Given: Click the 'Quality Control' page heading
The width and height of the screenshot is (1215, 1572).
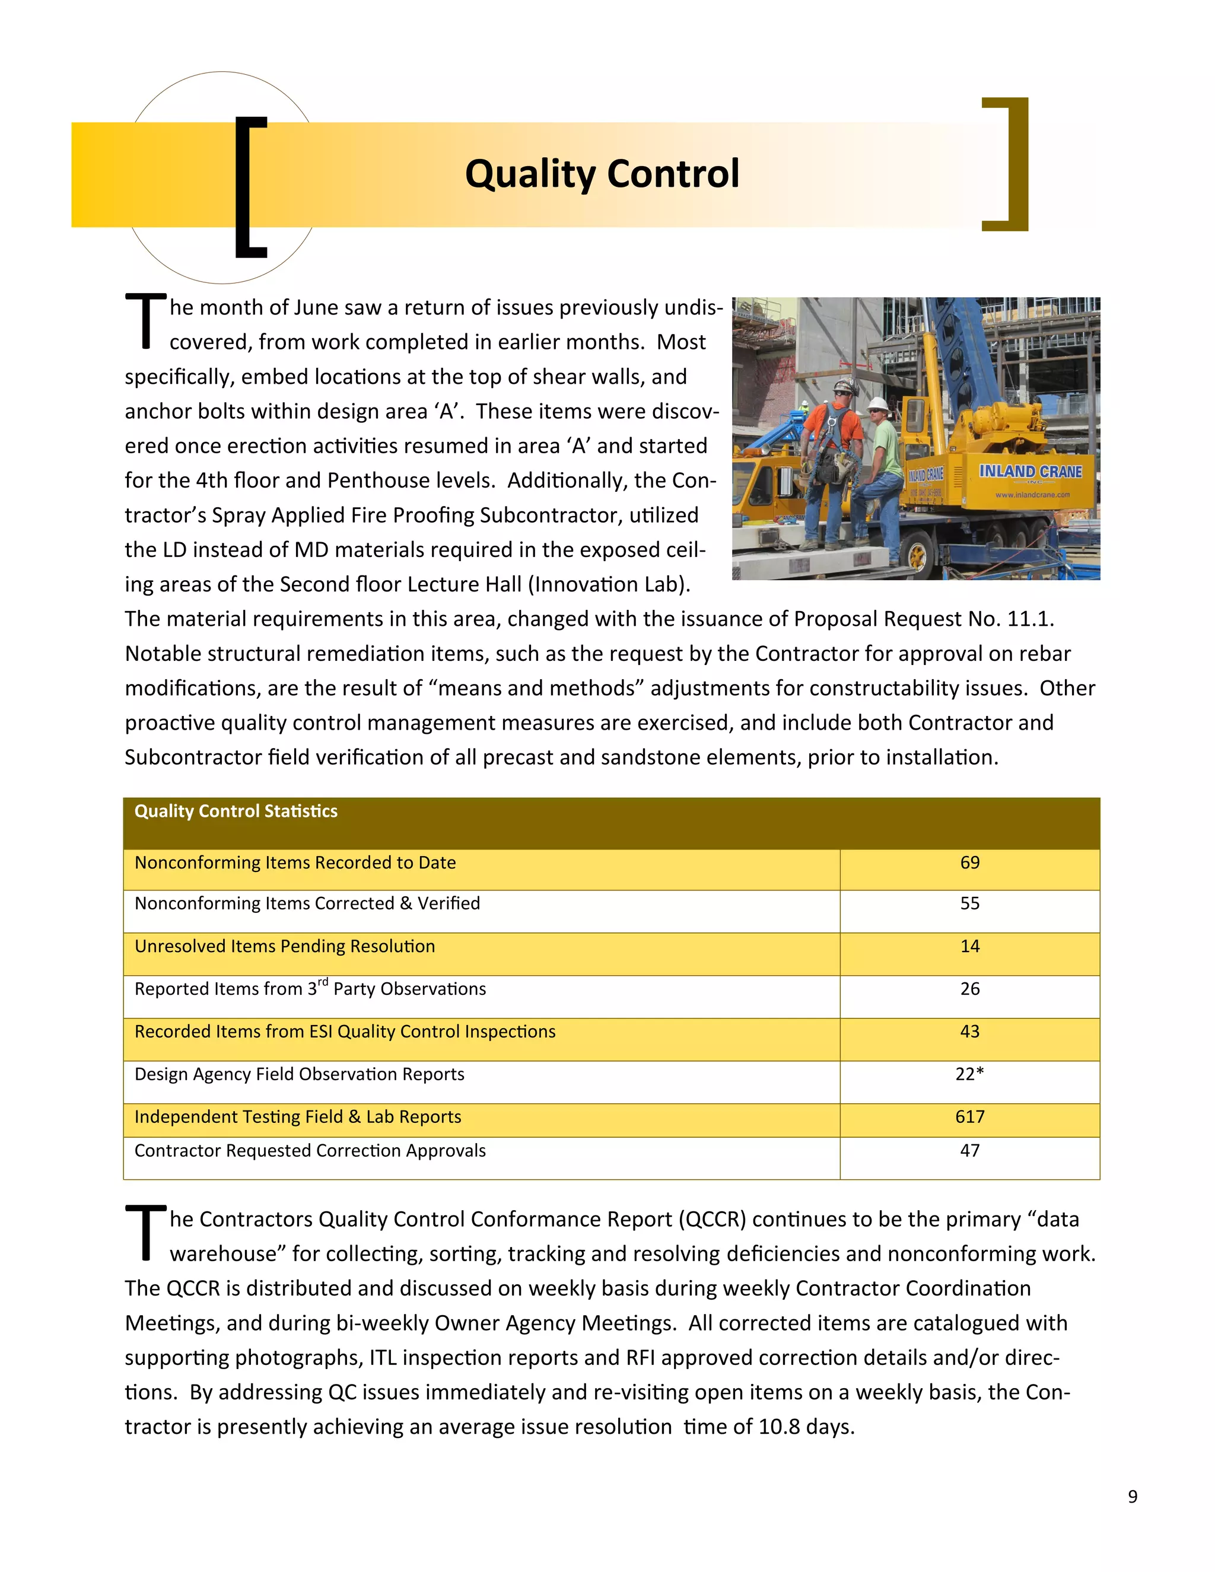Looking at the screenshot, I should coord(602,174).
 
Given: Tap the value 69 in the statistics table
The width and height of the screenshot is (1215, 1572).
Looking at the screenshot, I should coord(969,863).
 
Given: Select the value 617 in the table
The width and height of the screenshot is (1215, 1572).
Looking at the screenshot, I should coord(969,1116).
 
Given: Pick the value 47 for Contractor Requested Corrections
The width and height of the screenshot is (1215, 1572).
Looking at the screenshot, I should coord(969,1150).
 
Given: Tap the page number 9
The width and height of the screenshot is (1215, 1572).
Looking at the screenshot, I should coord(1132,1497).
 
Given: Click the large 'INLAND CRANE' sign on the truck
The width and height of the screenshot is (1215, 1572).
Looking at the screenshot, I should coord(1030,472).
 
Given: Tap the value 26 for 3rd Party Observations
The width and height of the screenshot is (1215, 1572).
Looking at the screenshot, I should coord(969,989).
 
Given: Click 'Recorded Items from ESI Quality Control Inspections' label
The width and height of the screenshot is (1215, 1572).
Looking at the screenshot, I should coord(345,1032).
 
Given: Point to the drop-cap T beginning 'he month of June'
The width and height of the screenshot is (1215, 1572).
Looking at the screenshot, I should coord(146,321).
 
